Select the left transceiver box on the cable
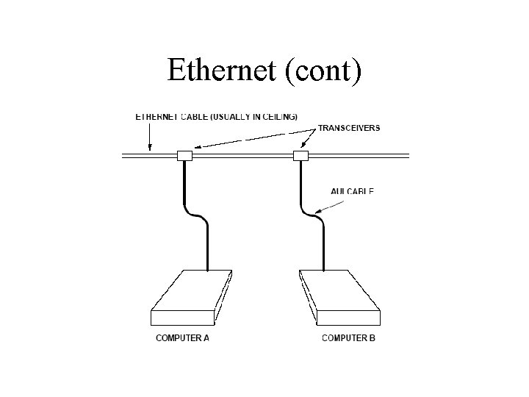tap(184, 156)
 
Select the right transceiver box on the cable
tap(300, 156)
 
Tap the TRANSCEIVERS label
tap(349, 128)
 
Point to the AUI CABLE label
tap(352, 191)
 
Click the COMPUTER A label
tap(182, 338)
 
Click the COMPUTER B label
tap(349, 338)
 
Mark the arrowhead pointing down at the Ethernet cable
tap(150, 149)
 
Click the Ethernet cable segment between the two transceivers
tap(242, 156)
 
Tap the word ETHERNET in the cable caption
tap(156, 116)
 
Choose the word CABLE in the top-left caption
tap(193, 116)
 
